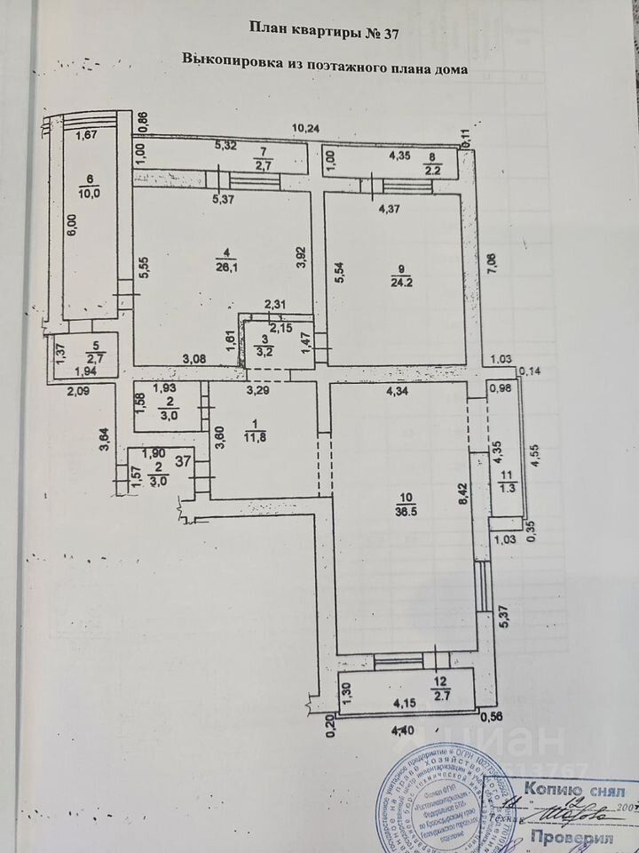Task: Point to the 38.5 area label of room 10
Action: pyautogui.click(x=413, y=511)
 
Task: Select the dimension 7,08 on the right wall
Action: pyautogui.click(x=487, y=265)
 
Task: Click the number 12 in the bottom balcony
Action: pyautogui.click(x=438, y=682)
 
